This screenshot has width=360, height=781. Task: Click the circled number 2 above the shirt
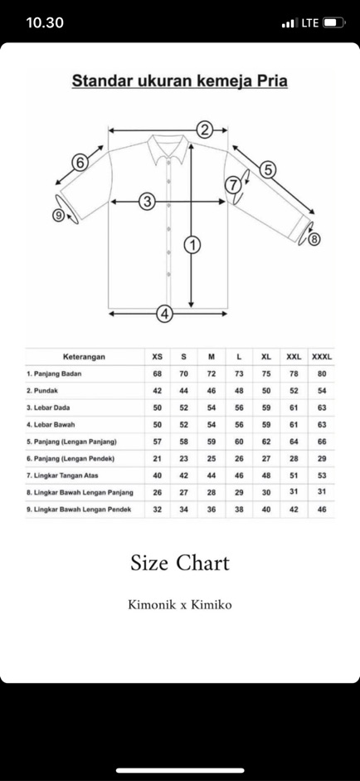pyautogui.click(x=204, y=130)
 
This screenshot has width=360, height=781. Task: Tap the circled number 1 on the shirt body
pyautogui.click(x=192, y=245)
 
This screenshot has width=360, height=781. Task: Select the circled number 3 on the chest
pyautogui.click(x=148, y=202)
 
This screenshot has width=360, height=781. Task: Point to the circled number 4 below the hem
pyautogui.click(x=165, y=314)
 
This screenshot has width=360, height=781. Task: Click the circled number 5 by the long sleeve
pyautogui.click(x=268, y=170)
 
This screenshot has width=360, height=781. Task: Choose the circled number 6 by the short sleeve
pyautogui.click(x=80, y=163)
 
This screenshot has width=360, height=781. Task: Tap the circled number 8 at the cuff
pyautogui.click(x=314, y=240)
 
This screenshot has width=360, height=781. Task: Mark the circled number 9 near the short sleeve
pyautogui.click(x=59, y=215)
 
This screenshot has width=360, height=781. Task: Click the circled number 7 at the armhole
pyautogui.click(x=232, y=185)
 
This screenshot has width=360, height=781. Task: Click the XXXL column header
pyautogui.click(x=322, y=357)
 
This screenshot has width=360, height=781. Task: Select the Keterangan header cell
pyautogui.click(x=84, y=357)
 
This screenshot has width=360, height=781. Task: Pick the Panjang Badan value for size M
pyautogui.click(x=212, y=373)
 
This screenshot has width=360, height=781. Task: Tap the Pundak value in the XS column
pyautogui.click(x=158, y=390)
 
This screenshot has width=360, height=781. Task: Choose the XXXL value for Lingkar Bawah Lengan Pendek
pyautogui.click(x=322, y=509)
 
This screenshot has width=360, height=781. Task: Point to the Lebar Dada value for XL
pyautogui.click(x=266, y=408)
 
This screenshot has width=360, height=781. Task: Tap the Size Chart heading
pyautogui.click(x=180, y=563)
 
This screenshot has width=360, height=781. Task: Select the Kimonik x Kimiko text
pyautogui.click(x=180, y=605)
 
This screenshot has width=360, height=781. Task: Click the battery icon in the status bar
pyautogui.click(x=334, y=22)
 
